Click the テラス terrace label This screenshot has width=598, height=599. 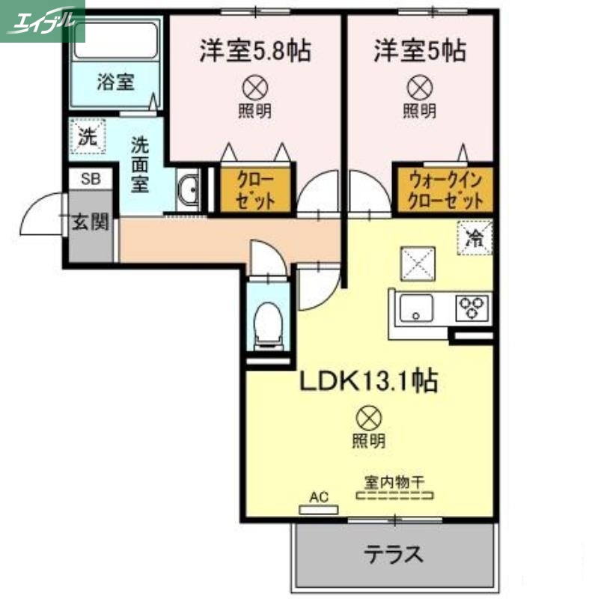pyautogui.click(x=394, y=555)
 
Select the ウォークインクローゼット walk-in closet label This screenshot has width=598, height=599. pyautogui.click(x=444, y=191)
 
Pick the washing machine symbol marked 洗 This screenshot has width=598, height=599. pyautogui.click(x=88, y=137)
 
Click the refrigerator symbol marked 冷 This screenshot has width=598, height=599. pyautogui.click(x=475, y=239)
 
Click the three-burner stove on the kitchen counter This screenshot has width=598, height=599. pyautogui.click(x=472, y=307)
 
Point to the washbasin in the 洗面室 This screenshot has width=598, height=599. pyautogui.click(x=189, y=191)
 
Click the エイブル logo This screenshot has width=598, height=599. pyautogui.click(x=43, y=20)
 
